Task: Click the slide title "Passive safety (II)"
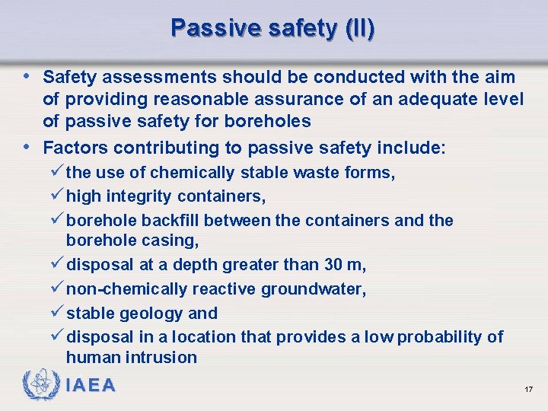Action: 272,28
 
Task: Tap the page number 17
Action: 528,390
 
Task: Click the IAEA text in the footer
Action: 91,385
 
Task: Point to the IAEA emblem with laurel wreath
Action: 39,385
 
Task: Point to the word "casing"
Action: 174,241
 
